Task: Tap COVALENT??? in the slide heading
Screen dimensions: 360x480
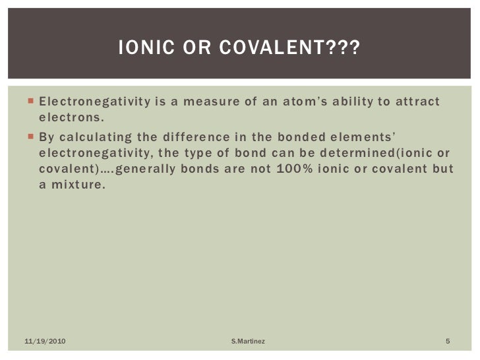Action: click(x=293, y=48)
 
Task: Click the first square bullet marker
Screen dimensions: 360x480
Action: click(x=30, y=102)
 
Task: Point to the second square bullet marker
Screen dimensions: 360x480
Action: click(x=30, y=136)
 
